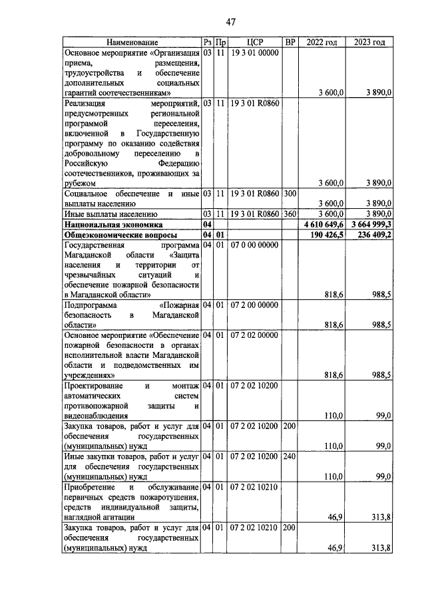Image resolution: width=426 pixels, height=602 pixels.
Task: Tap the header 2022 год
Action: [x=321, y=43]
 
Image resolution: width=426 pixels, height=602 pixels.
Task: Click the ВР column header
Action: [x=290, y=43]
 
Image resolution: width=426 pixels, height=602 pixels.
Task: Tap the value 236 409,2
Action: [x=373, y=235]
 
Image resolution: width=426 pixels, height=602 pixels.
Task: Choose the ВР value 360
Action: [x=290, y=214]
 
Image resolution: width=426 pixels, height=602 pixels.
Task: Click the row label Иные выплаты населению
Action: [x=110, y=214]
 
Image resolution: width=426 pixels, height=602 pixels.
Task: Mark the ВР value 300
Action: [x=290, y=194]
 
